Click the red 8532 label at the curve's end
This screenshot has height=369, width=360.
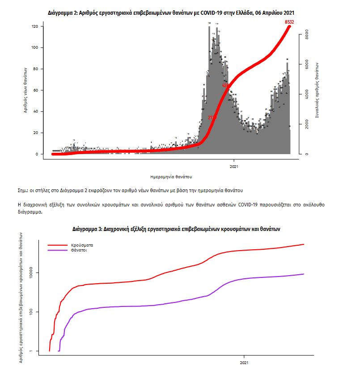coord(289,22)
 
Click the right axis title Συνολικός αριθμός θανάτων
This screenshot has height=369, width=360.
coord(317,90)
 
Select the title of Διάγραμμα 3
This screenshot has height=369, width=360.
coord(176,229)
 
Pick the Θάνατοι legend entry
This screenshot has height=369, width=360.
coord(78,251)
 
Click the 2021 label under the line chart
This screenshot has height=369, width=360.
coord(244,363)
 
